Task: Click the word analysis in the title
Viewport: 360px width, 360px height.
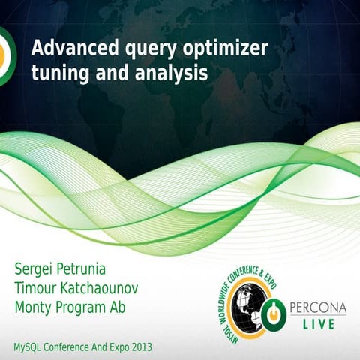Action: pos(173,74)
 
